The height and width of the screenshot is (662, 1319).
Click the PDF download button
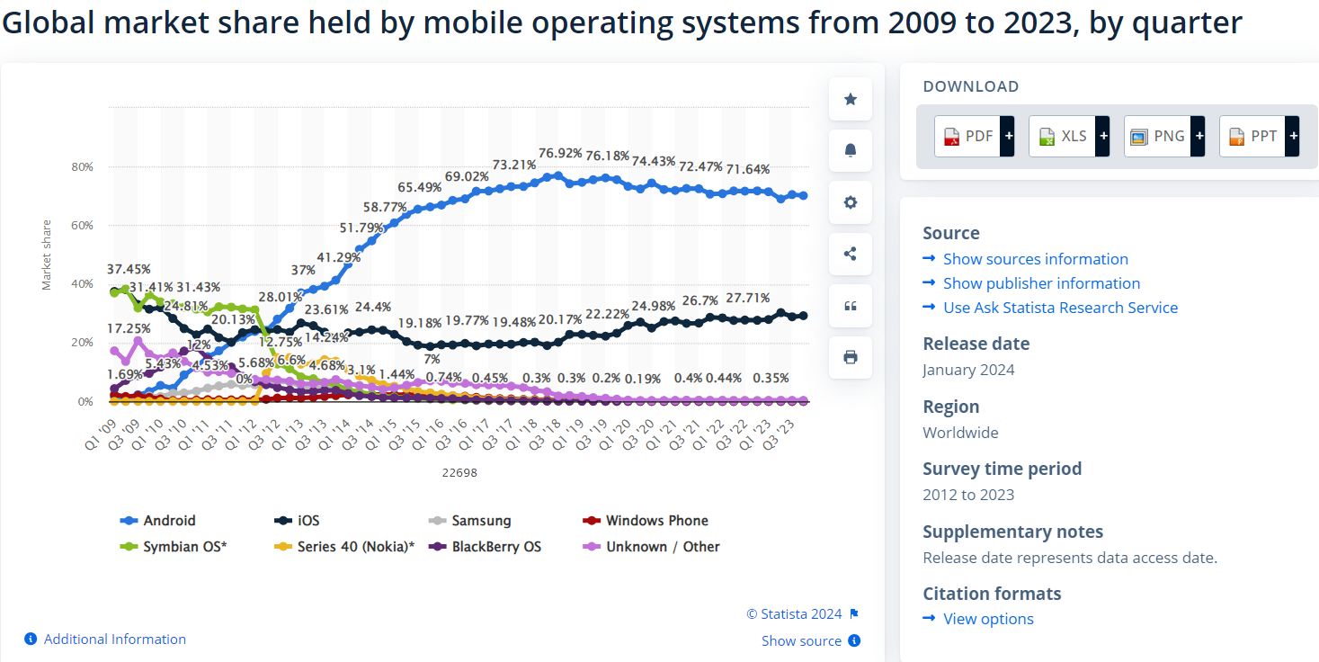[974, 137]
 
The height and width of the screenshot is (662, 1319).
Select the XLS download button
[1068, 137]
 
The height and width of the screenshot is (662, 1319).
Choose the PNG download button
[1163, 137]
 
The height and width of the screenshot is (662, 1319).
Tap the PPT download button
[1259, 137]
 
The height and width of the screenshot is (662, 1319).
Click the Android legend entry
[169, 521]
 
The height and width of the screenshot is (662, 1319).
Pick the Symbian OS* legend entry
[184, 547]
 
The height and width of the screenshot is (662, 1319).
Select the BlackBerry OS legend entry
[496, 547]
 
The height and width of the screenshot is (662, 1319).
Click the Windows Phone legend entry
[656, 521]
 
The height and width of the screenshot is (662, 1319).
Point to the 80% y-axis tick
[83, 166]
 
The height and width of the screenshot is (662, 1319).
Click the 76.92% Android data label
[560, 153]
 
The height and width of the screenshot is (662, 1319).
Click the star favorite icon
[851, 99]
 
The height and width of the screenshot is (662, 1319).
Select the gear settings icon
[851, 202]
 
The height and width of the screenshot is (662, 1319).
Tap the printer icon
[851, 357]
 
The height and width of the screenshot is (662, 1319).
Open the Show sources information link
[1035, 259]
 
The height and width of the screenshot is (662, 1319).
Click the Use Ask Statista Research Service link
[1060, 308]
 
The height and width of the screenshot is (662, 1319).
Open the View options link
[988, 619]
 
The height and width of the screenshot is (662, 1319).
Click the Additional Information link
[114, 640]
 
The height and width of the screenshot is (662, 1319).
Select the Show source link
[801, 641]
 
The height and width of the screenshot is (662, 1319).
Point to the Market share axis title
[47, 255]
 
